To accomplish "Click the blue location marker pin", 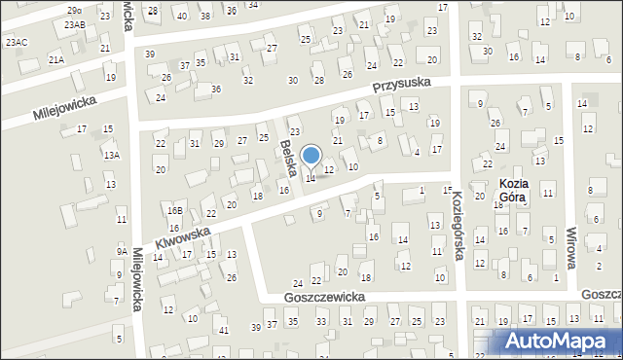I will pos(311,157).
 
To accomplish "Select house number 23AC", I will pos(16,43).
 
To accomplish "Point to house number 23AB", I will pos(75,24).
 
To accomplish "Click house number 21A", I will pos(56,60).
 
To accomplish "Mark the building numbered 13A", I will pos(112,155).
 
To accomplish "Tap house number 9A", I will pos(122,251).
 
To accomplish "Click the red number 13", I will pos(414,106).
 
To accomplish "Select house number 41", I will pos(224,331).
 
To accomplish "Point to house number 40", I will pos(181,16).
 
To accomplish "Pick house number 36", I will pos(216,89).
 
